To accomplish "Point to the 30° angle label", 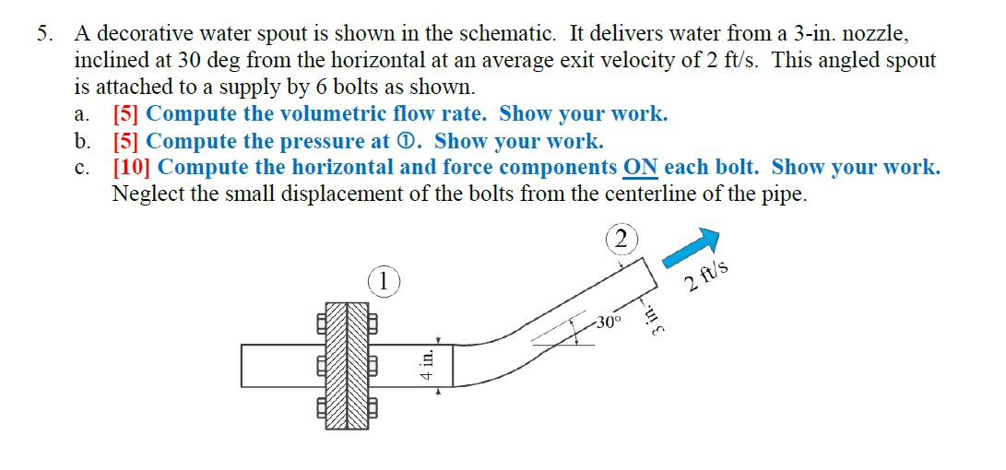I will (608, 323).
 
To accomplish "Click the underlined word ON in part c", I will (641, 168).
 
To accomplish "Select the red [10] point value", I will (132, 168).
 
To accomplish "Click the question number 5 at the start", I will (44, 35).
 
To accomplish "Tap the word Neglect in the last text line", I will (144, 194).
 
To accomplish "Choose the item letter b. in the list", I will (83, 141).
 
